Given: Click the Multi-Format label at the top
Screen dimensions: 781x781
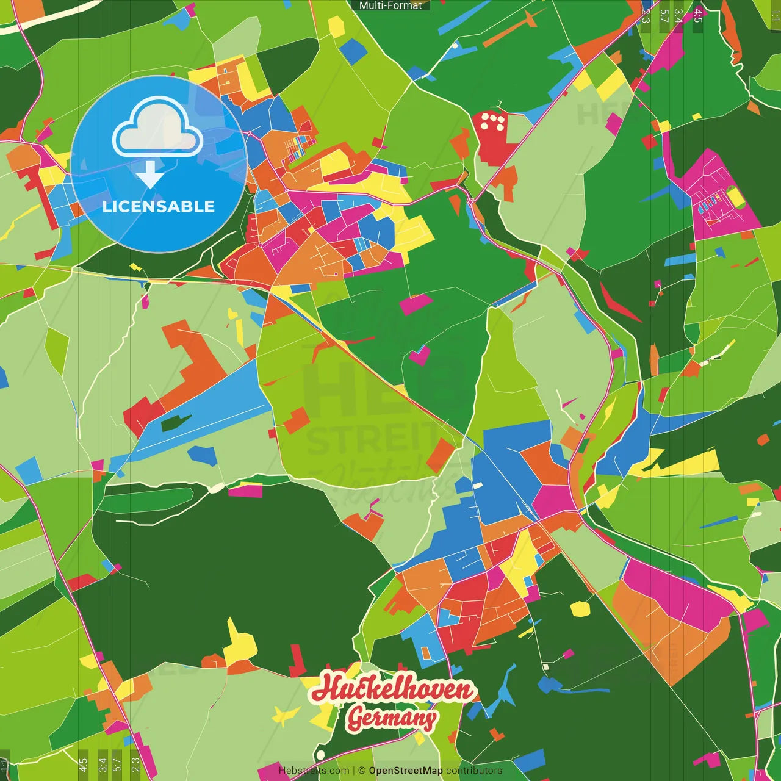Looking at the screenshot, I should point(390,5).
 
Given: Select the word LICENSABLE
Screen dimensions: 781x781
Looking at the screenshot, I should point(159,206).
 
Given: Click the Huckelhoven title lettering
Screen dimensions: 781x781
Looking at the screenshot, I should point(393,688).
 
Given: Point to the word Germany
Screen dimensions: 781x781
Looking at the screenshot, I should point(392,718).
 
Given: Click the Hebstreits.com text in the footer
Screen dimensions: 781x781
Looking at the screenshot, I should point(314,771).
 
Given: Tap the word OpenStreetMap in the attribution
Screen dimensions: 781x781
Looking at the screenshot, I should point(405,771).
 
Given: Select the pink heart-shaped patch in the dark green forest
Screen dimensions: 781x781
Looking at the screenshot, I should point(419,355).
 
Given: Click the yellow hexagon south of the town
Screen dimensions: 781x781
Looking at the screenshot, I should point(580,608).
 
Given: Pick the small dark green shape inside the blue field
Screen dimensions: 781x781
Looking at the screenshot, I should point(176,422).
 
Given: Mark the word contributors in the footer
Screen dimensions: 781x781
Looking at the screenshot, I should point(474,771).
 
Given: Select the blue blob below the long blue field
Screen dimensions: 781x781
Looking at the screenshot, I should point(203,455).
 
